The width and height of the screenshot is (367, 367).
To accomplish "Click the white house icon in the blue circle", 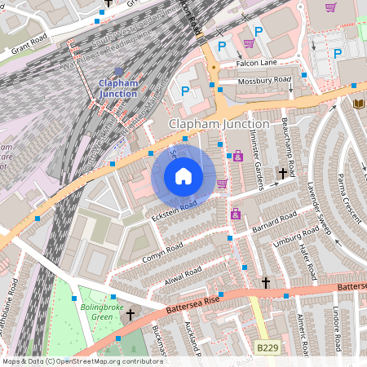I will tap(183, 176).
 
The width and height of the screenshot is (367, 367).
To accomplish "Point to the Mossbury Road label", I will tap(264, 81).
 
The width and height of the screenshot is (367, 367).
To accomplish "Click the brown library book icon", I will tap(357, 104).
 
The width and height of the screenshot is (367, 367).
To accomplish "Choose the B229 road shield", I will tap(267, 348).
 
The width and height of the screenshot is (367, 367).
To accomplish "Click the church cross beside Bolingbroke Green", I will tap(130, 314).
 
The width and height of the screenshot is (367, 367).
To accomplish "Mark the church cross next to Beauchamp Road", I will tap(282, 173).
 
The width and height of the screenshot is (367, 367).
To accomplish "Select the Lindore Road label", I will tap(335, 330).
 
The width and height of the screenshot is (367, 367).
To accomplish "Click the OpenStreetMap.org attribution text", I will tap(106, 360).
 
